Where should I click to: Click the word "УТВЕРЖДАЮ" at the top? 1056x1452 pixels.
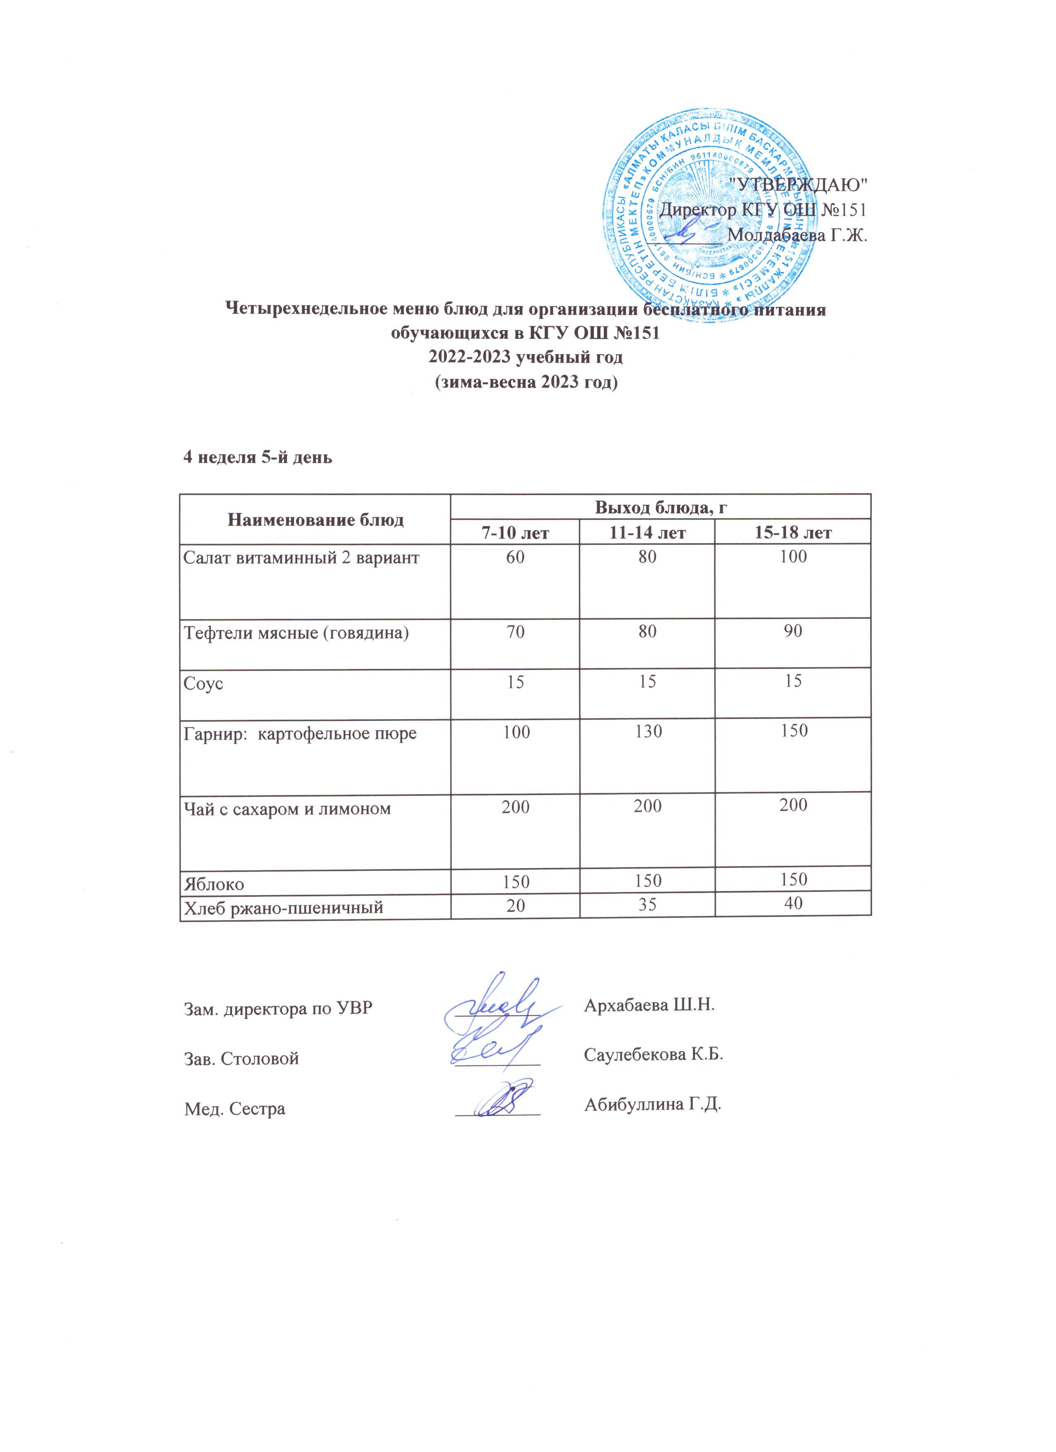pyautogui.click(x=799, y=184)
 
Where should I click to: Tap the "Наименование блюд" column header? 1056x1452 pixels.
pyautogui.click(x=315, y=519)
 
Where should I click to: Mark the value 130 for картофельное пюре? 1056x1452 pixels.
pyautogui.click(x=648, y=731)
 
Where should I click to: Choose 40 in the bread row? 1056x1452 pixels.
pyautogui.click(x=793, y=903)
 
